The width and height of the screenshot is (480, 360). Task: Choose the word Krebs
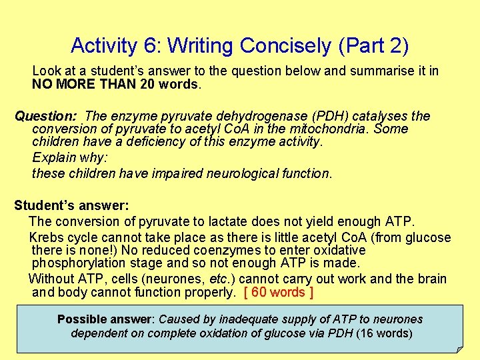(47, 237)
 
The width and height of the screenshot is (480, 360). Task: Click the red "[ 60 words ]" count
(279, 292)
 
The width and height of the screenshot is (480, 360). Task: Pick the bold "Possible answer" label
(105, 319)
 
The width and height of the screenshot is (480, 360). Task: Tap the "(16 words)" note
(385, 333)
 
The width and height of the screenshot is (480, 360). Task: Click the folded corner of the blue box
(459, 348)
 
